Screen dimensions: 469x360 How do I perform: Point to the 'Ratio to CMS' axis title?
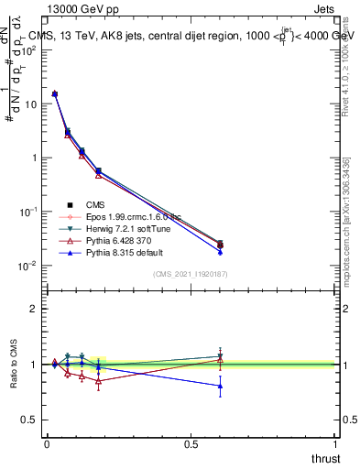coord(14,365)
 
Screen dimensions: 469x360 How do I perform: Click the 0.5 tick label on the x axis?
coord(191,443)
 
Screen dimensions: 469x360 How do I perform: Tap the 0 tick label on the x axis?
coord(47,443)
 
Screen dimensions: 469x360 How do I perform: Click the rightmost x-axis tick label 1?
coord(334,443)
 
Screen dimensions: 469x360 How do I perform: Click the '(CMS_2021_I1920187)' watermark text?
coord(190,274)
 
